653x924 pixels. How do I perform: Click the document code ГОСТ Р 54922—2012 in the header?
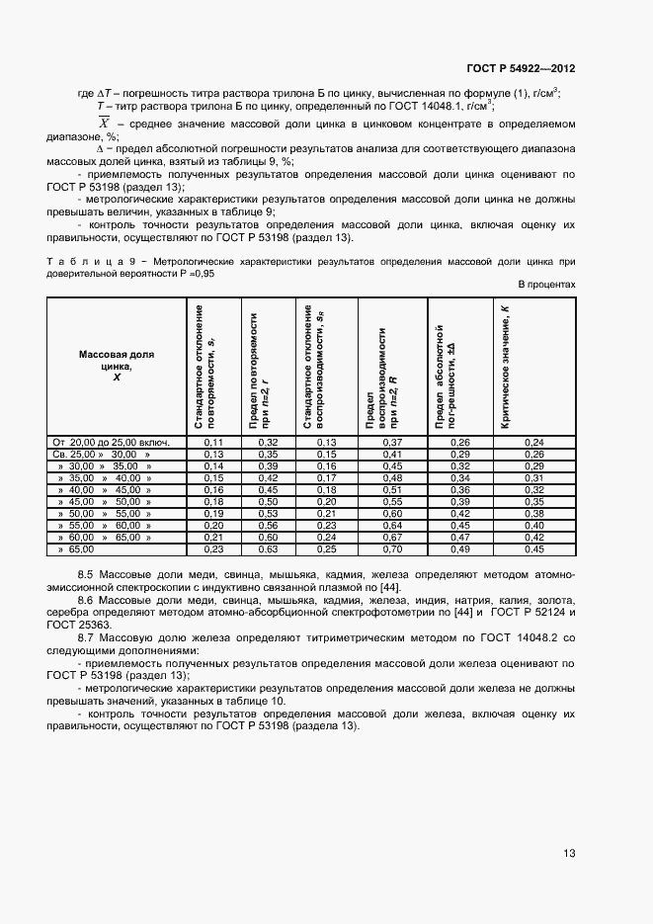click(x=520, y=69)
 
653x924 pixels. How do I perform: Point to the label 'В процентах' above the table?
click(x=546, y=284)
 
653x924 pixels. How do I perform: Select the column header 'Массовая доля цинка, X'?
click(x=116, y=365)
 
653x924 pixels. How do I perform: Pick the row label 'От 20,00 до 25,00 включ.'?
click(x=113, y=442)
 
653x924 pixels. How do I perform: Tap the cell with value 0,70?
click(x=392, y=548)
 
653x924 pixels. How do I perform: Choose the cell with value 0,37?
click(x=392, y=442)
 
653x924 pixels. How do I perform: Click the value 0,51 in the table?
click(x=392, y=489)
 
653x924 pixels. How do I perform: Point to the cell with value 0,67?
click(x=392, y=537)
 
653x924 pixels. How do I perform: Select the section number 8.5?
click(x=86, y=574)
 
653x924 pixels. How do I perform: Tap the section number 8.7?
click(x=86, y=639)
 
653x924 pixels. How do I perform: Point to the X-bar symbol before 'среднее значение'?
click(x=104, y=122)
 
